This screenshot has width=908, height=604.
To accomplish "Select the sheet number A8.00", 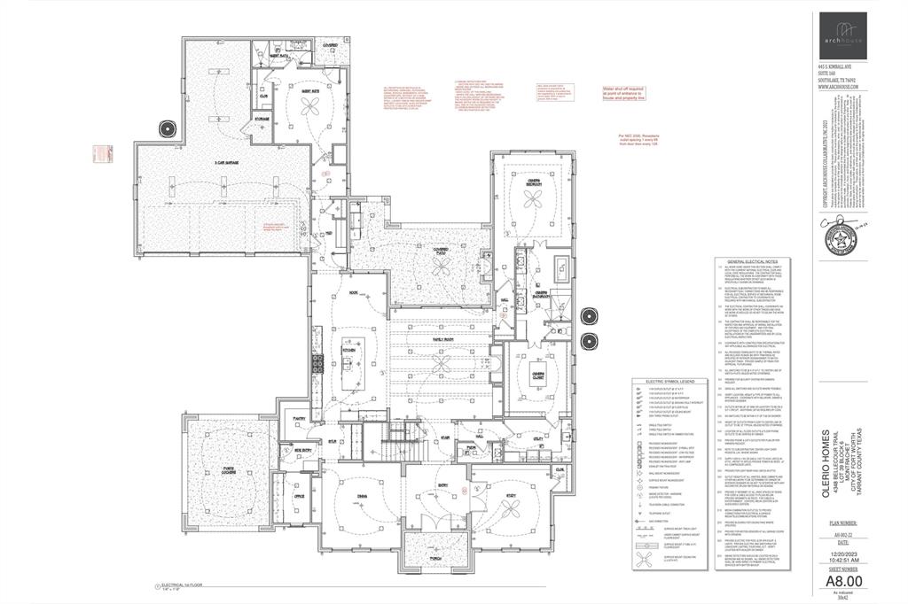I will pyautogui.click(x=842, y=581).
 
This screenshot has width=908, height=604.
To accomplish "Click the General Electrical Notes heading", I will pyautogui.click(x=752, y=263).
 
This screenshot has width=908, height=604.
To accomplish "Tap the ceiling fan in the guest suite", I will pyautogui.click(x=311, y=105).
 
